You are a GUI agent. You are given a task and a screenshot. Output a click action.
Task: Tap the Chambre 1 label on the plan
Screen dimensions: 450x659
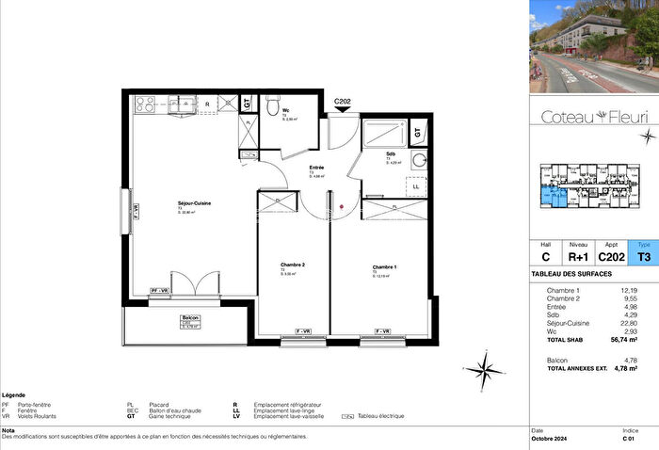point(384,267)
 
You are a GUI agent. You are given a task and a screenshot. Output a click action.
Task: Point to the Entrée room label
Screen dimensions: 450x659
point(316,168)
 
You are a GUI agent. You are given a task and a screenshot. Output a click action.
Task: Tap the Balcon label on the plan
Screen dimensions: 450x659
point(191,318)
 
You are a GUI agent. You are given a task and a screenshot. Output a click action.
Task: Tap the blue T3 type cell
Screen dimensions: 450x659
point(644,255)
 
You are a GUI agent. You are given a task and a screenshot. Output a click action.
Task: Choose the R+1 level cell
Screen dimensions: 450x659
point(578,255)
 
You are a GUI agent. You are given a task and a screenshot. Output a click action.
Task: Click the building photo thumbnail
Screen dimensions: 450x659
point(593,45)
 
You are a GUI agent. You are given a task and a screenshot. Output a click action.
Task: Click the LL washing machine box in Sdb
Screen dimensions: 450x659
point(416,185)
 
